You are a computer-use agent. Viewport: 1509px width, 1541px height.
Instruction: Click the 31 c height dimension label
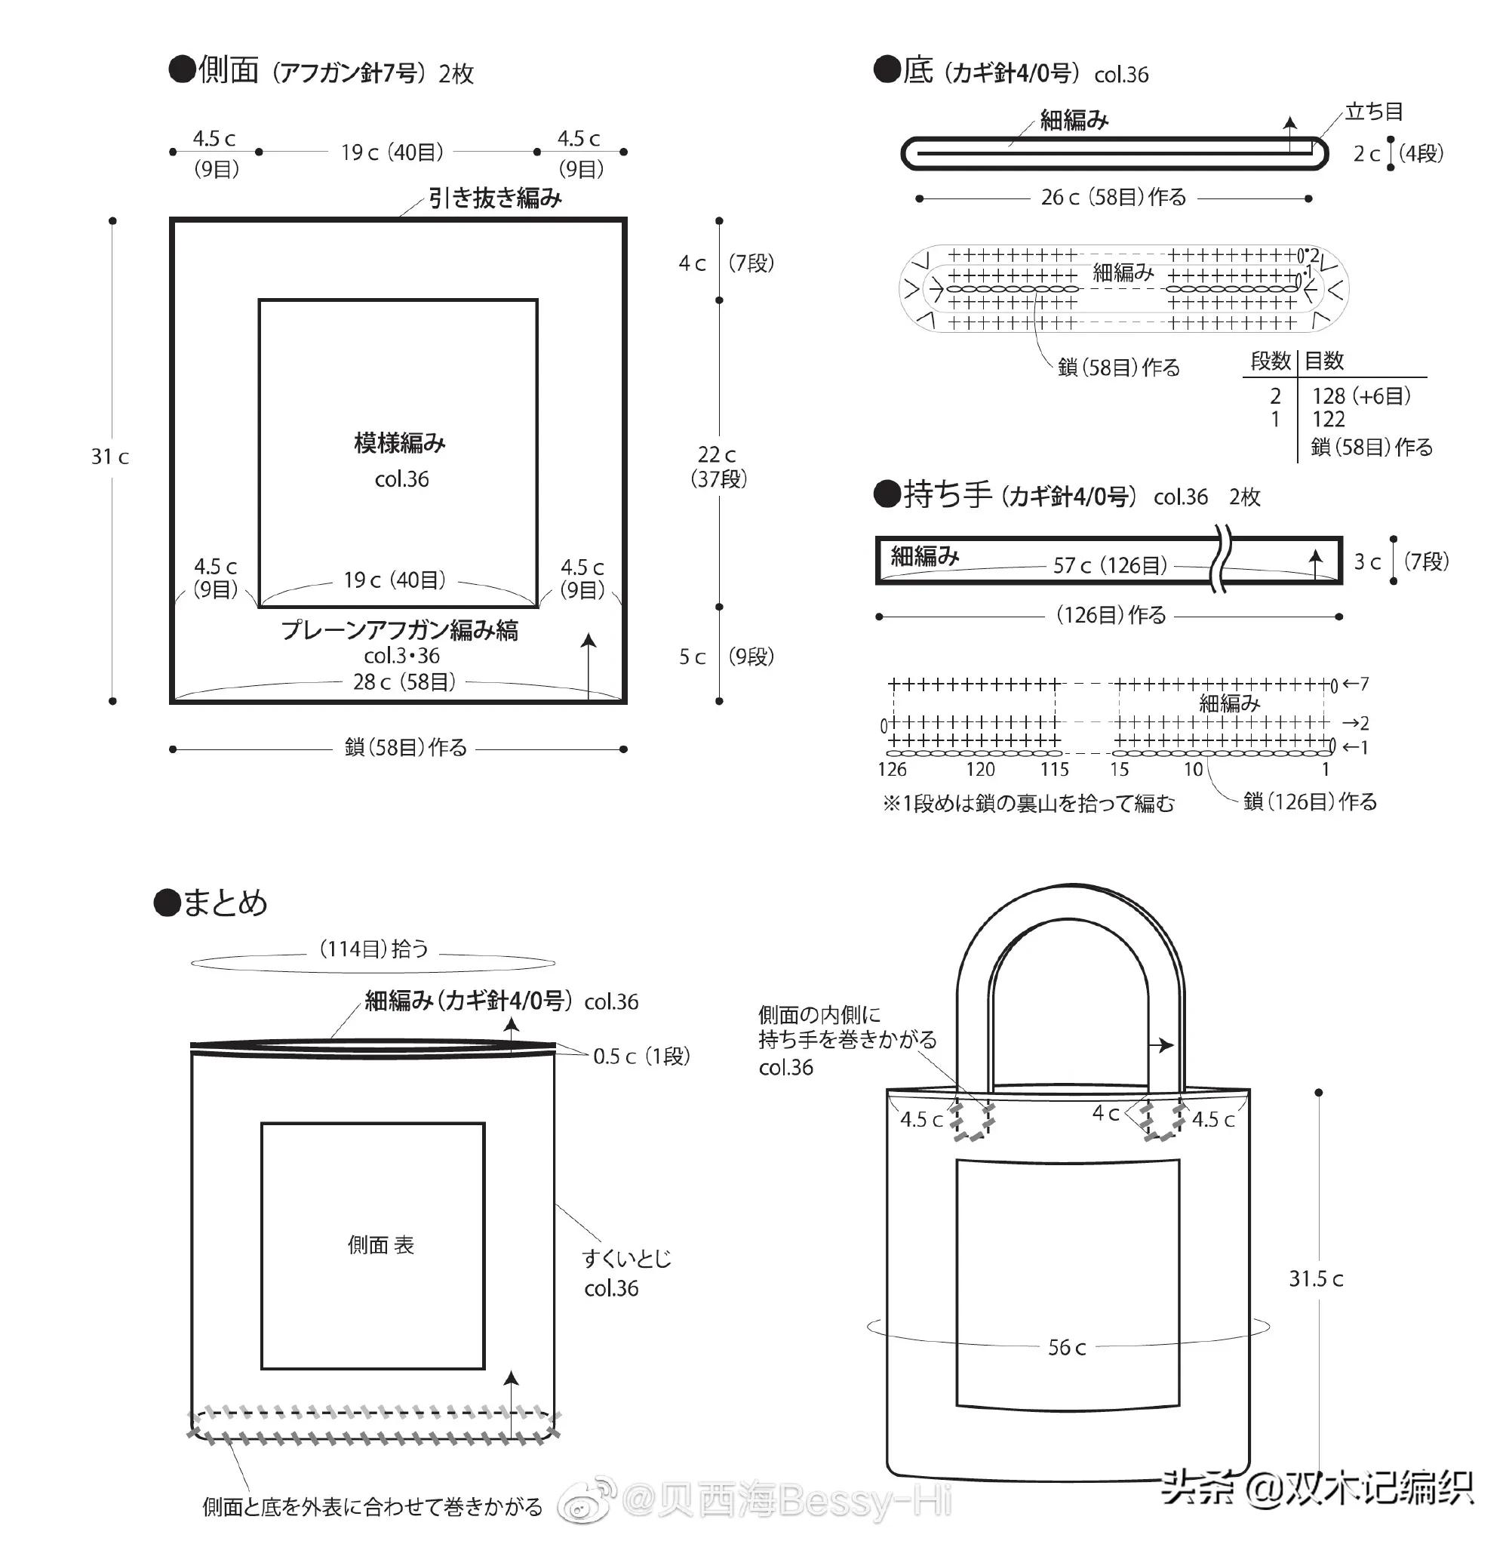tap(109, 457)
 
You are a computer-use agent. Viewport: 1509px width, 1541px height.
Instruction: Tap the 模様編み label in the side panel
tap(399, 443)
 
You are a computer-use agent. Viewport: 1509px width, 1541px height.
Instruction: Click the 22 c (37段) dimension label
tap(718, 466)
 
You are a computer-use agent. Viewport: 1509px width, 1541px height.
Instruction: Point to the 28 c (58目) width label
tap(404, 681)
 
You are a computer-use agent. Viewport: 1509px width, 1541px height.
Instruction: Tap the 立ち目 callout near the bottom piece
tap(1373, 112)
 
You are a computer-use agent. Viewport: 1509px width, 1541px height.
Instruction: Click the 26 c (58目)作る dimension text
tap(1114, 198)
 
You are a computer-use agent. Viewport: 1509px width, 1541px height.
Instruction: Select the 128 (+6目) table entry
tap(1361, 395)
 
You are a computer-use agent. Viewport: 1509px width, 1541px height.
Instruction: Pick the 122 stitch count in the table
tap(1329, 420)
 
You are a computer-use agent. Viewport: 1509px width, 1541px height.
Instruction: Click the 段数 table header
tap(1270, 361)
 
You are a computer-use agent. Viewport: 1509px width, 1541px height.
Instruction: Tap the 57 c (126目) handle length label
tap(1110, 565)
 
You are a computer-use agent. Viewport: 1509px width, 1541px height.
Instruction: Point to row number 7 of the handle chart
tap(1363, 683)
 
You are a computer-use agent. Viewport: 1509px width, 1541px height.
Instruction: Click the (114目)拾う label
tap(373, 949)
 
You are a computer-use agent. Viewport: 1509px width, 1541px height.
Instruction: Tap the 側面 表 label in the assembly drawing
tap(380, 1245)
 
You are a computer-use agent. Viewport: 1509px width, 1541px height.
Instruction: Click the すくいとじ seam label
tap(626, 1259)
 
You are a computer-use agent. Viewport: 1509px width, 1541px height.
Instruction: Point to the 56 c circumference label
tap(1067, 1348)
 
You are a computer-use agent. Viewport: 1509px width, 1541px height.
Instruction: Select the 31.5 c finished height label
tap(1316, 1278)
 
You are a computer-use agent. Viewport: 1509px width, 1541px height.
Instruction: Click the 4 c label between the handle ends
tap(1105, 1114)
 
